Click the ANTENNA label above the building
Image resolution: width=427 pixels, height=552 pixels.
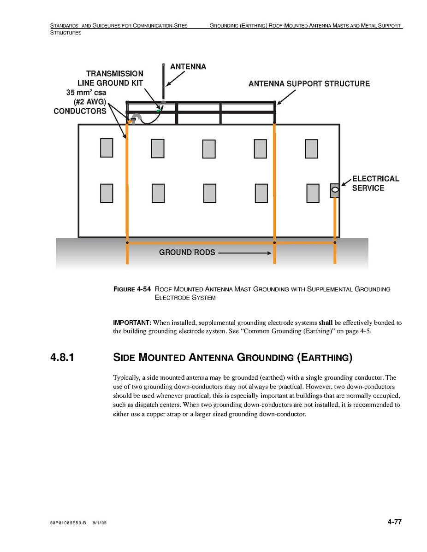pyautogui.click(x=188, y=67)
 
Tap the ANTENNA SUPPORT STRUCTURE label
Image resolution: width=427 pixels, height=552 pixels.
pyautogui.click(x=309, y=84)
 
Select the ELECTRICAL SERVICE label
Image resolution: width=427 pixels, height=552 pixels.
pyautogui.click(x=375, y=183)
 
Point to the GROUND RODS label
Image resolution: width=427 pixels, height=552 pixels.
pyautogui.click(x=187, y=253)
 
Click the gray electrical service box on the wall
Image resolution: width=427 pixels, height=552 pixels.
pyautogui.click(x=335, y=190)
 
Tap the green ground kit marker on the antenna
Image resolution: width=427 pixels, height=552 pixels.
pyautogui.click(x=159, y=110)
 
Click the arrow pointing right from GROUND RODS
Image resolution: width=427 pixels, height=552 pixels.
pyautogui.click(x=244, y=253)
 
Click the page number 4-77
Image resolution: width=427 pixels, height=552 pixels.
pyautogui.click(x=395, y=522)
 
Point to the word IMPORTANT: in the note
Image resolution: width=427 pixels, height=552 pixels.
pyautogui.click(x=132, y=323)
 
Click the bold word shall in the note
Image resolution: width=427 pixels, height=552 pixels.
pyautogui.click(x=326, y=323)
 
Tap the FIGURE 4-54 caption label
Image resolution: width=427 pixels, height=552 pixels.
pyautogui.click(x=132, y=289)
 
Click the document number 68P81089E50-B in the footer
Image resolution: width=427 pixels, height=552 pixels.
pyautogui.click(x=68, y=524)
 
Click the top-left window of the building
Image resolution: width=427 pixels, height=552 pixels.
pyautogui.click(x=107, y=148)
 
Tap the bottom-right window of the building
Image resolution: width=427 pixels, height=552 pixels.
pyautogui.click(x=313, y=193)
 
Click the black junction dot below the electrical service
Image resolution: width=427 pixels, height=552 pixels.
pyautogui.click(x=335, y=242)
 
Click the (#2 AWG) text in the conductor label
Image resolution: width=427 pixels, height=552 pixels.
pyautogui.click(x=90, y=102)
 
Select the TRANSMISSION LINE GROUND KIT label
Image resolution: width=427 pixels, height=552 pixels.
pyautogui.click(x=114, y=78)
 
